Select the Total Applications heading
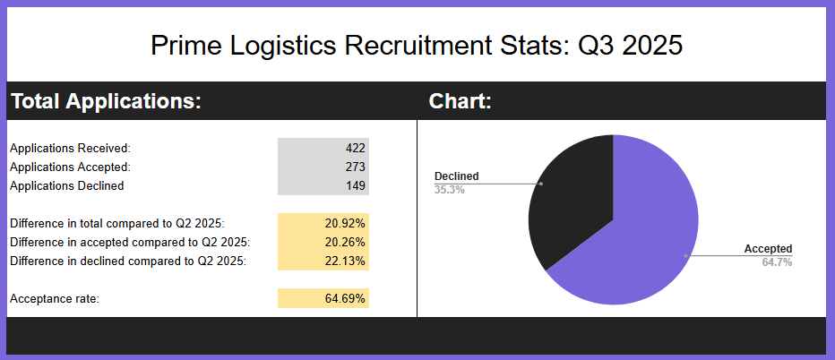click(106, 101)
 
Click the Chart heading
click(461, 101)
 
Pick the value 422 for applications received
click(356, 148)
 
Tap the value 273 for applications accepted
click(356, 167)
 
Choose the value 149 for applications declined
click(356, 185)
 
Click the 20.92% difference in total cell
click(345, 222)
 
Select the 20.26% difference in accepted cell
click(345, 241)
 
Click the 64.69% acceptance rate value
click(345, 298)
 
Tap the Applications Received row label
click(70, 148)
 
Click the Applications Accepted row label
click(70, 167)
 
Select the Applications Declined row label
click(67, 185)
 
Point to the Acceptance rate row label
click(54, 298)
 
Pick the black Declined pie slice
click(573, 201)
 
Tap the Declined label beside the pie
click(457, 176)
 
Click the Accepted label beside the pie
click(768, 249)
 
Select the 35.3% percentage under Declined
click(450, 190)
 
